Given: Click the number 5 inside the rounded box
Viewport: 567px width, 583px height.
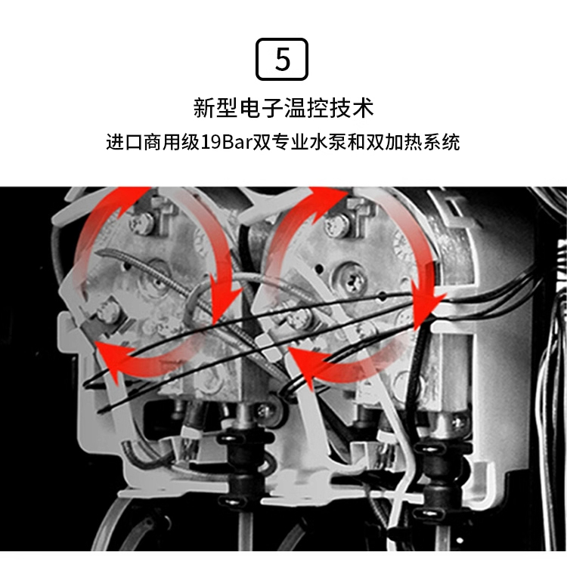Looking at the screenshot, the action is point(282,60).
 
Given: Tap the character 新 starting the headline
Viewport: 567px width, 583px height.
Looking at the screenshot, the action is point(204,108).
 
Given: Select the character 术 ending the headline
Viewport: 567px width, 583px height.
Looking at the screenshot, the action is point(362,108).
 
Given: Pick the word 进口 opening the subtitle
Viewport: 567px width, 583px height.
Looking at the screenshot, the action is point(124,142).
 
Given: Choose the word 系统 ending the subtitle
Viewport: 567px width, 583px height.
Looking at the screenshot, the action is point(442,142).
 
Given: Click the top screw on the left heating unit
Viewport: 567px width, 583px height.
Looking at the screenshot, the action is point(141,222).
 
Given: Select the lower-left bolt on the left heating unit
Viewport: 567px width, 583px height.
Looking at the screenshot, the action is point(109,312).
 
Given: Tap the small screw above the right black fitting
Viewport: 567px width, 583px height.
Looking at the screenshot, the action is point(459,422).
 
